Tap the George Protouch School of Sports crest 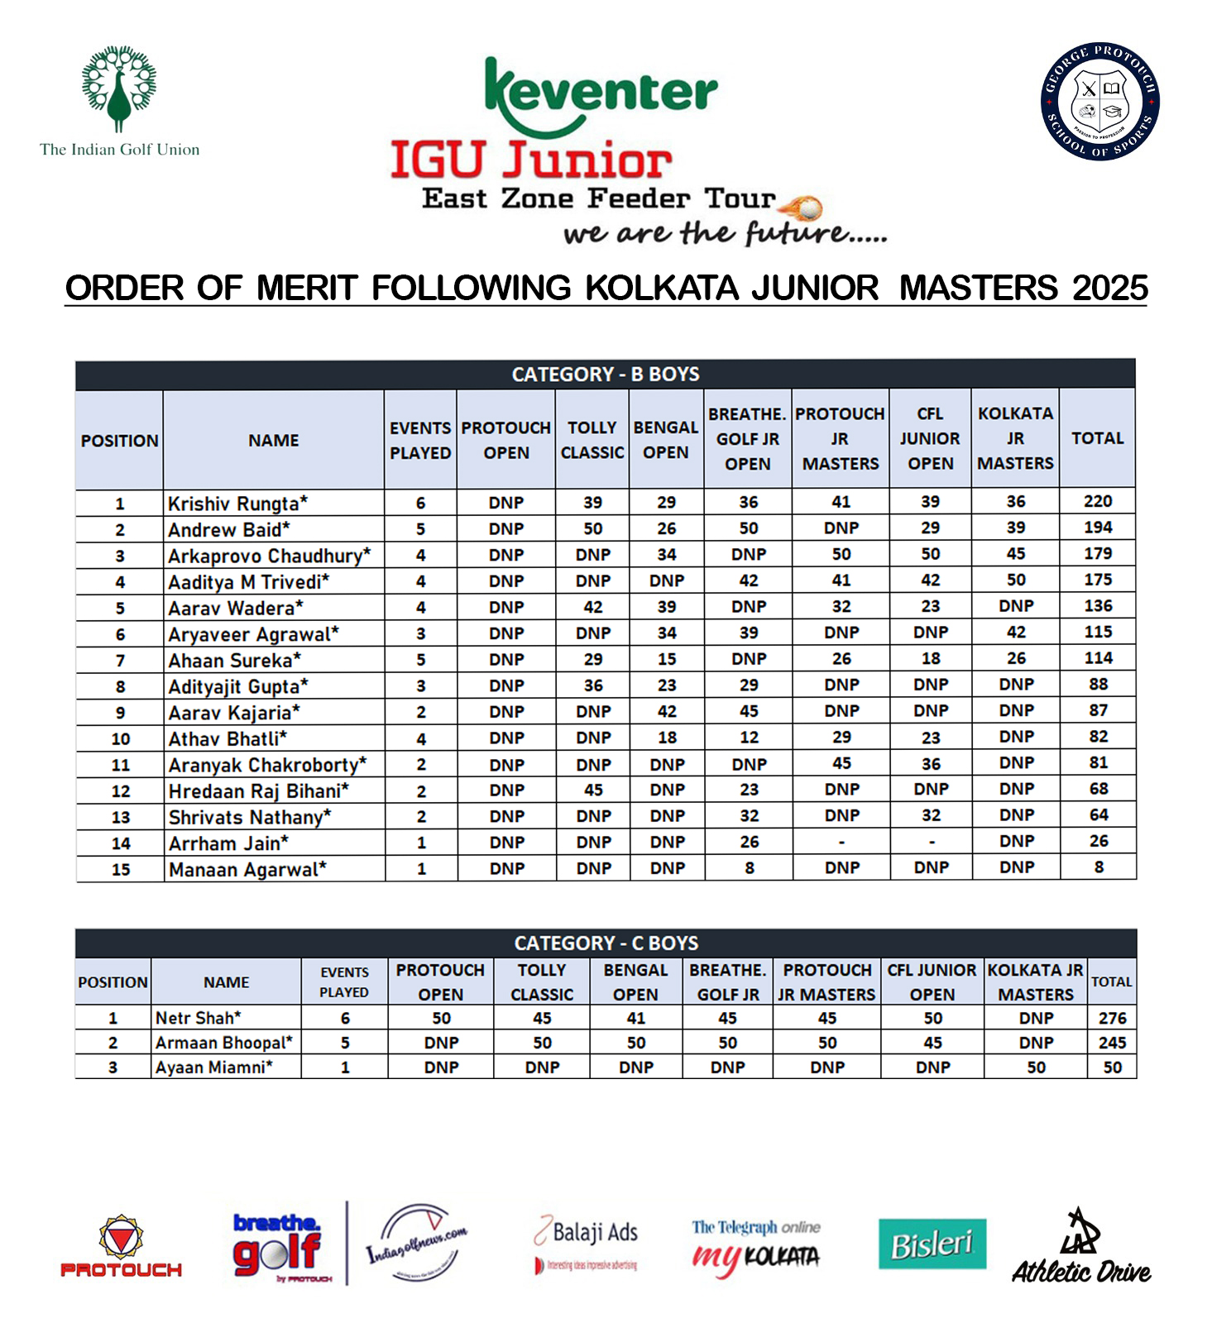coord(1099,102)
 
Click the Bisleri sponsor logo coord(932,1244)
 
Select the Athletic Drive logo coord(1081,1249)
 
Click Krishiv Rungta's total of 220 coord(1098,502)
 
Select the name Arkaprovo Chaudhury coord(269,556)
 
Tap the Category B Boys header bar coord(606,375)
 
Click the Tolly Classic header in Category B coord(592,440)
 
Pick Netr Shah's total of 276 coord(1113,1018)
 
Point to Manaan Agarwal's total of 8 coord(1099,868)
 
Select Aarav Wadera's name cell coord(235,608)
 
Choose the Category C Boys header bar coord(606,943)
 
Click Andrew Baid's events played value coord(420,529)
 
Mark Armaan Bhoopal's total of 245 coord(1113,1043)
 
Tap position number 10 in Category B coord(120,738)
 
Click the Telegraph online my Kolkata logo coord(756,1247)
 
